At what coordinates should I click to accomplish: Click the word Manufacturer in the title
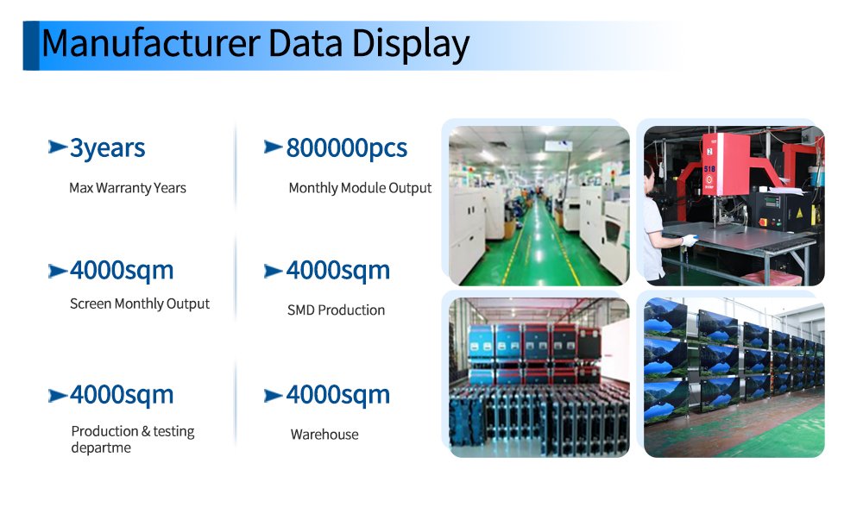(x=151, y=43)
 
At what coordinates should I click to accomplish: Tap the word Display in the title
(x=411, y=45)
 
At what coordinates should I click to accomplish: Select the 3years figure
(x=107, y=148)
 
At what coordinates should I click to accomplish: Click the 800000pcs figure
(x=347, y=148)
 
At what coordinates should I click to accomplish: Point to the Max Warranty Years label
(x=128, y=188)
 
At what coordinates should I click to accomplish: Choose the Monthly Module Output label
(x=360, y=188)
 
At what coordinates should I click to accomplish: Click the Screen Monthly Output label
(x=140, y=304)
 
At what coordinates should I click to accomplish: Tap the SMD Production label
(x=336, y=310)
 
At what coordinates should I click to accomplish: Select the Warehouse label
(x=324, y=435)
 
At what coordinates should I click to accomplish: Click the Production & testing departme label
(x=133, y=440)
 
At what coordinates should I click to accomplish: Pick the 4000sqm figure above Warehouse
(x=338, y=395)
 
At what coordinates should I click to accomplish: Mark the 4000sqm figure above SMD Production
(x=338, y=271)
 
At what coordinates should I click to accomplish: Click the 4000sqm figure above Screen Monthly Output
(x=122, y=271)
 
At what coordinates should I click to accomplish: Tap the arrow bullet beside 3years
(x=58, y=147)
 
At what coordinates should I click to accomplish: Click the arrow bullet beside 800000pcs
(x=274, y=147)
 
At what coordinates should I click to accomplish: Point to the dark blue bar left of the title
(x=31, y=46)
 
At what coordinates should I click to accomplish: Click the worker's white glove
(x=689, y=241)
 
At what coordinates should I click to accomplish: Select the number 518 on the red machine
(x=709, y=169)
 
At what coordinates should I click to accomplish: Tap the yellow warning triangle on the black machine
(x=800, y=213)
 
